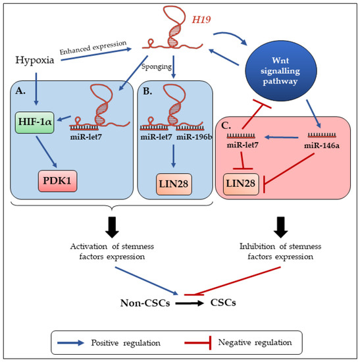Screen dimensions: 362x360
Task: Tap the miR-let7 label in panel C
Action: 243,144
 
